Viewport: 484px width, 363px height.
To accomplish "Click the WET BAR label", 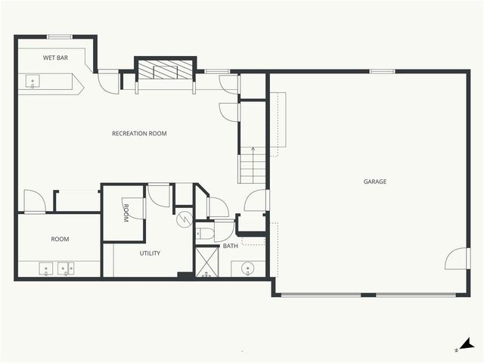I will click(x=55, y=57).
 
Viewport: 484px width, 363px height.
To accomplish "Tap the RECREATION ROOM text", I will click(x=139, y=134).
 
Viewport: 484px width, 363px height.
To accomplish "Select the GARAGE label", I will click(x=375, y=181).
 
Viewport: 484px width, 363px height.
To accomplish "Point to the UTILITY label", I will click(x=150, y=253).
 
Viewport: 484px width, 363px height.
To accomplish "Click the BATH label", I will click(x=230, y=246).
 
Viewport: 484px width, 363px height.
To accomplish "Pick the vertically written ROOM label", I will click(x=126, y=212).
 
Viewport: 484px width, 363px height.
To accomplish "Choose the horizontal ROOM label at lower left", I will click(x=60, y=239).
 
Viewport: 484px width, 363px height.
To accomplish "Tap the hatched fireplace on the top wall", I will click(x=165, y=70).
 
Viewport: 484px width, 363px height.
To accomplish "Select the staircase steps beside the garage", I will click(x=253, y=166).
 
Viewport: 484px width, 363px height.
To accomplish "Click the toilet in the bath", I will click(x=203, y=232).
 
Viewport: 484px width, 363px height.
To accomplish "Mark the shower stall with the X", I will click(x=207, y=262).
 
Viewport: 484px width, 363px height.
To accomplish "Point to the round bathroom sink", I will click(x=248, y=268).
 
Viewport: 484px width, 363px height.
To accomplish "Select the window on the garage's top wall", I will click(x=382, y=72).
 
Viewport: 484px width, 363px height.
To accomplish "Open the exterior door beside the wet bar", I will click(x=109, y=81).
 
